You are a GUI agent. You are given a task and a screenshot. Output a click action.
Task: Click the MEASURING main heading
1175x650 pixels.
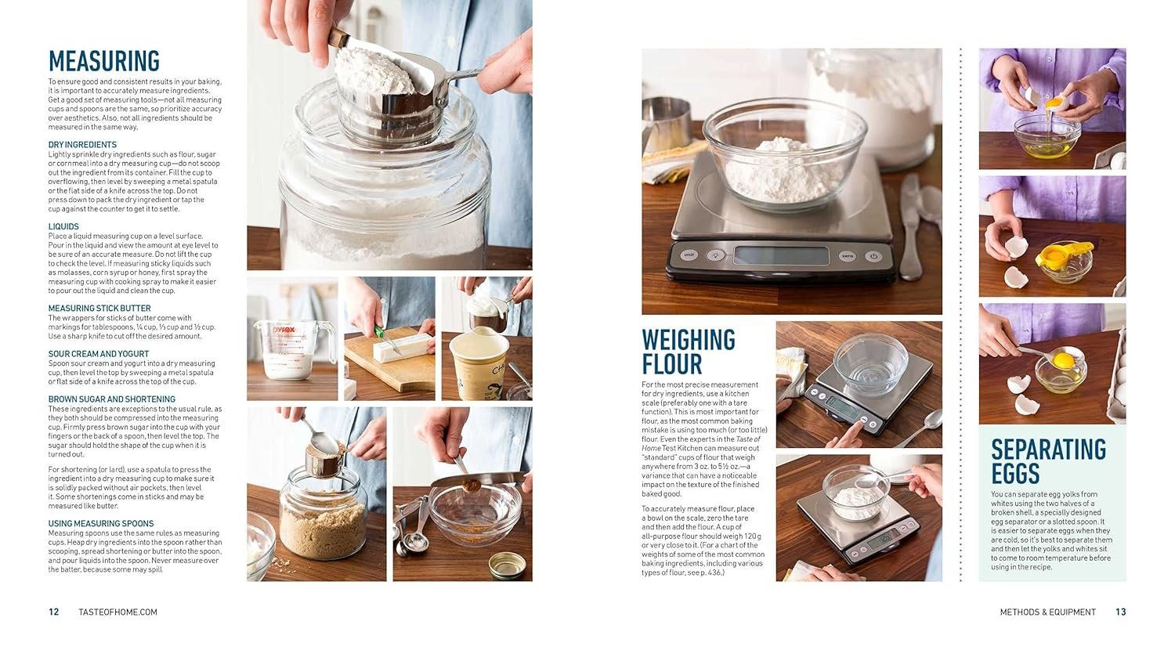pos(104,61)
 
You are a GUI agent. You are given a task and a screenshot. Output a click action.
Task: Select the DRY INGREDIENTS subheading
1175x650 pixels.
pos(82,145)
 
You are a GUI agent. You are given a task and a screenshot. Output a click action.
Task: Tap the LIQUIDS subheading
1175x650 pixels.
pos(63,226)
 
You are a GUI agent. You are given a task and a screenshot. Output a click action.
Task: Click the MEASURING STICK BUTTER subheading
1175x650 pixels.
pos(99,309)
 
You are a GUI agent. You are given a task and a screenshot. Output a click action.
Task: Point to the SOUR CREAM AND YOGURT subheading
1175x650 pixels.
pos(99,354)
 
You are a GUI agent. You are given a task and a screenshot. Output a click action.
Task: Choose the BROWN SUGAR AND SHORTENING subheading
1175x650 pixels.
pos(112,399)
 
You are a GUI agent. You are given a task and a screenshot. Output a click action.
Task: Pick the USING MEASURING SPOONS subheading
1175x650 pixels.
pos(101,524)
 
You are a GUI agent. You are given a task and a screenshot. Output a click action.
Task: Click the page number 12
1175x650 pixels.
pos(53,612)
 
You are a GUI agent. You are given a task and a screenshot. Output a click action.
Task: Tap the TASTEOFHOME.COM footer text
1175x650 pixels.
pos(117,612)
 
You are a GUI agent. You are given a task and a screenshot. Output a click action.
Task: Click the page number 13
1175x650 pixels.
pos(1120,612)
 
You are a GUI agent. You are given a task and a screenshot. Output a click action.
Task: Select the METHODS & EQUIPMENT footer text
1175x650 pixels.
pos(1047,612)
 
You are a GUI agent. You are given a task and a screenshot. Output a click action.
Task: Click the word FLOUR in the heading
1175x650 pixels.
pos(672,364)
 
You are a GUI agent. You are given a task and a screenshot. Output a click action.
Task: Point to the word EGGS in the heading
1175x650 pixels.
pos(1015,474)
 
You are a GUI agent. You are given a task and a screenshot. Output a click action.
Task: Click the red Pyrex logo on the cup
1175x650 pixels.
pos(284,330)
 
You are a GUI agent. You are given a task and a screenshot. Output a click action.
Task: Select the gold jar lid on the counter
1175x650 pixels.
pos(508,565)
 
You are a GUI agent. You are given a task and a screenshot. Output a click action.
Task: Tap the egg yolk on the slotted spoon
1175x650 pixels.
pos(1063,360)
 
